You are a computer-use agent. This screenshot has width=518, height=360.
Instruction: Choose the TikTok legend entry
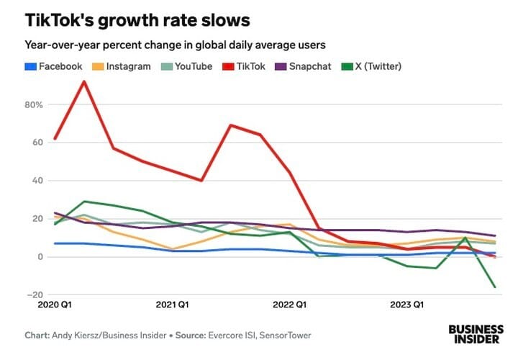(247, 66)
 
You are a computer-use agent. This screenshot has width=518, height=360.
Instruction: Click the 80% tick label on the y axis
(34, 104)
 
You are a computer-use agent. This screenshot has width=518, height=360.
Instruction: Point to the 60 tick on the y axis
(37, 143)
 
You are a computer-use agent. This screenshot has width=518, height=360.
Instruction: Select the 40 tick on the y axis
(37, 181)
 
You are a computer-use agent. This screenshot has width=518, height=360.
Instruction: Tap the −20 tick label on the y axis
(35, 295)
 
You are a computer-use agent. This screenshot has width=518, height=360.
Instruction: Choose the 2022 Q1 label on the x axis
(291, 306)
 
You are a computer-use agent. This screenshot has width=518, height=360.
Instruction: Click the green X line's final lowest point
(495, 287)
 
